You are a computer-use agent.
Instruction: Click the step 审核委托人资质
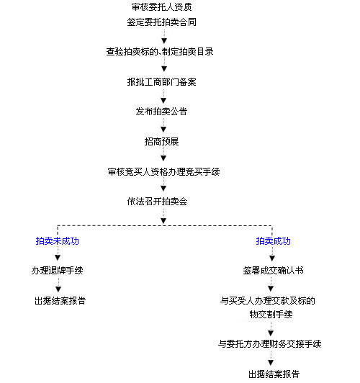pyautogui.click(x=161, y=7)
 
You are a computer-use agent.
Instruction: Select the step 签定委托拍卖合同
pyautogui.click(x=161, y=22)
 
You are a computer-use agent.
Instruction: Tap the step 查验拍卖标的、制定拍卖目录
pyautogui.click(x=160, y=52)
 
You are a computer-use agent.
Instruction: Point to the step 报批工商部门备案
pyautogui.click(x=161, y=82)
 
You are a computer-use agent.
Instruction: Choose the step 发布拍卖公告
pyautogui.click(x=161, y=112)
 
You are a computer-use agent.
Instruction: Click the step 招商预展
pyautogui.click(x=161, y=141)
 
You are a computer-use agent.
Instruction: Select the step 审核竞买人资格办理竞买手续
pyautogui.click(x=163, y=172)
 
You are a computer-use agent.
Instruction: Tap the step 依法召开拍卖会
pyautogui.click(x=157, y=202)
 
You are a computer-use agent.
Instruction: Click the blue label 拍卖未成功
pyautogui.click(x=58, y=241)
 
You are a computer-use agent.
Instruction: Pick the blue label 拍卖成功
pyautogui.click(x=273, y=241)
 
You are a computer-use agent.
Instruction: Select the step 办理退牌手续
pyautogui.click(x=57, y=271)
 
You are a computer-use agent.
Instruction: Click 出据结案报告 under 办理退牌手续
pyautogui.click(x=60, y=300)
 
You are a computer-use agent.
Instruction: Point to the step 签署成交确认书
pyautogui.click(x=273, y=271)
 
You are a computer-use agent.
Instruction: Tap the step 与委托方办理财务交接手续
pyautogui.click(x=269, y=344)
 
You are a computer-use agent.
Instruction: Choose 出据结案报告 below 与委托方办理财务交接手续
pyautogui.click(x=274, y=374)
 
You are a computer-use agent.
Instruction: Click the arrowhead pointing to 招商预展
pyautogui.click(x=163, y=129)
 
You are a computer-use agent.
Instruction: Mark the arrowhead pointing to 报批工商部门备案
pyautogui.click(x=164, y=69)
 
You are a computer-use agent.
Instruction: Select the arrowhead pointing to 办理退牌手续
pyautogui.click(x=58, y=258)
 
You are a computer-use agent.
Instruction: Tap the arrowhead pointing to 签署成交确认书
pyautogui.click(x=272, y=258)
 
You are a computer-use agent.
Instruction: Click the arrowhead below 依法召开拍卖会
pyautogui.click(x=163, y=220)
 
